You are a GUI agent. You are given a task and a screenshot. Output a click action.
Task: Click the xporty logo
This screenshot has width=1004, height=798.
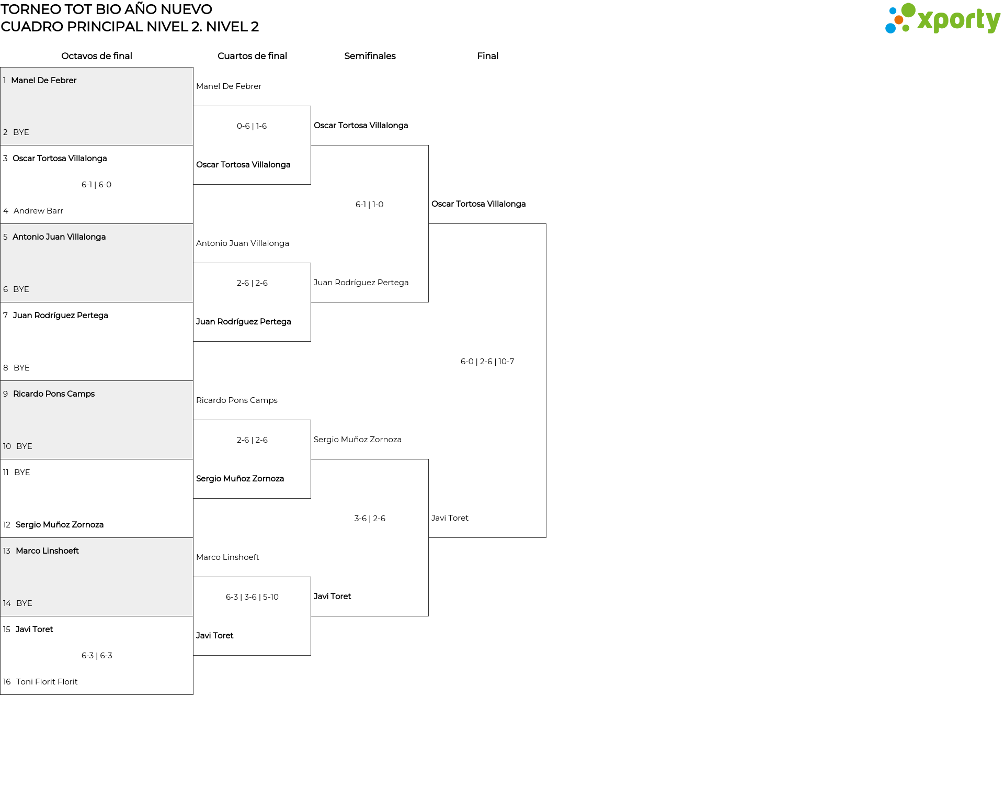[x=942, y=19]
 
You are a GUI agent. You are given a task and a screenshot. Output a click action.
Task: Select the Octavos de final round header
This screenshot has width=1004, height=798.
[x=97, y=56]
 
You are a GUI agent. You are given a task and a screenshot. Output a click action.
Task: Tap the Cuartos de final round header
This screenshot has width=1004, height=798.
[x=252, y=56]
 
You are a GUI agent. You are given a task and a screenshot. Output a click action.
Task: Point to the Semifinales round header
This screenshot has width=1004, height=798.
[x=370, y=56]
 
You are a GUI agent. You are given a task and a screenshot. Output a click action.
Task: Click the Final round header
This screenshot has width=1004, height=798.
[x=487, y=56]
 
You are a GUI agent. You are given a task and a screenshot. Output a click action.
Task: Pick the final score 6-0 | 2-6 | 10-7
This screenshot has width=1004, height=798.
[x=487, y=362]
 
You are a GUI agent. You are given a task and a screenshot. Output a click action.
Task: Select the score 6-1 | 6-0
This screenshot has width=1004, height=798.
[x=97, y=185]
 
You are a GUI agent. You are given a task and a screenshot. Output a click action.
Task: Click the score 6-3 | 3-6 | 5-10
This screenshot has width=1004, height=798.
[x=252, y=597]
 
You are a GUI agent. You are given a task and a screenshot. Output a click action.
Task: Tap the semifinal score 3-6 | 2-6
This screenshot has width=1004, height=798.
[x=370, y=519]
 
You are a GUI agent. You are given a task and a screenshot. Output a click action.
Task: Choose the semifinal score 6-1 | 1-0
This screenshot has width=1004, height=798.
[x=370, y=205]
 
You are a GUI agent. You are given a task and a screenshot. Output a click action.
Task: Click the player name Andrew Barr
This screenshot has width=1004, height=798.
[x=38, y=211]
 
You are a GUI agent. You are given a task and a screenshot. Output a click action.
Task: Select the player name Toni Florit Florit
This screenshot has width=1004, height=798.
[x=47, y=682]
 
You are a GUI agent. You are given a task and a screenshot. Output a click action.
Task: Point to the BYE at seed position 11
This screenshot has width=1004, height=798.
[x=22, y=473]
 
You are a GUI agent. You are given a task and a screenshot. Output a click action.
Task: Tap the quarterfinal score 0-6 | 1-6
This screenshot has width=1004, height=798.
[x=252, y=126]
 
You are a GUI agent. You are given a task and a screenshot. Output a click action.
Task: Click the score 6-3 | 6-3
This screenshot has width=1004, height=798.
[x=97, y=656]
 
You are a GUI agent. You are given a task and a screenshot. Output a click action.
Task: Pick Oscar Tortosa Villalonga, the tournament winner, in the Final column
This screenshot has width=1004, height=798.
[x=478, y=204]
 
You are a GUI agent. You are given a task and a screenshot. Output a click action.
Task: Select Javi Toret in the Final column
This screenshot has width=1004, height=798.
[x=450, y=518]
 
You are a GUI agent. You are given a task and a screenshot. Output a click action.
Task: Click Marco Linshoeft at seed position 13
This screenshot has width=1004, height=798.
[x=47, y=551]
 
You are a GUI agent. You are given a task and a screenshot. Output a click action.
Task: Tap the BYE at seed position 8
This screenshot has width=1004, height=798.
[x=21, y=368]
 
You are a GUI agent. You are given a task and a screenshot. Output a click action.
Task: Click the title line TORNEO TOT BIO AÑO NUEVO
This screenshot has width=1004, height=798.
[x=107, y=9]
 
